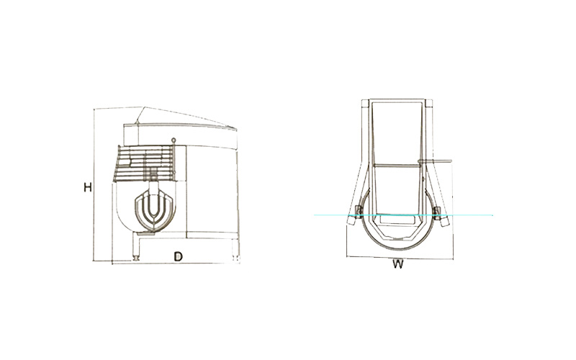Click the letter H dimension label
click(87, 187)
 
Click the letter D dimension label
click(178, 256)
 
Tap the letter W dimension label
click(398, 264)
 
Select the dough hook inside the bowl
click(154, 212)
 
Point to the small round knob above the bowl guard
click(174, 140)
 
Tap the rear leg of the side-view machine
click(235, 248)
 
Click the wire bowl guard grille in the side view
click(145, 163)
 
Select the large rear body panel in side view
click(212, 190)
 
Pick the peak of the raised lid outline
click(143, 107)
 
